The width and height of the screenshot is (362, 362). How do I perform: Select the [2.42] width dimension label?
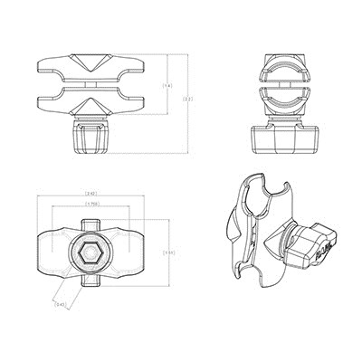pos(91,194)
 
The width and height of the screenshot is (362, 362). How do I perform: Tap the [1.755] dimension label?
pos(91,205)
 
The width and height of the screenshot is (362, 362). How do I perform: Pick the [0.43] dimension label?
pos(60,304)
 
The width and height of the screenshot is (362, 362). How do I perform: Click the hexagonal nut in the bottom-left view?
pos(91,254)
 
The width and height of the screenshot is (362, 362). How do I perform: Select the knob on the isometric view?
pos(312,243)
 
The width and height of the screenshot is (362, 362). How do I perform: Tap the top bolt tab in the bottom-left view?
pos(91,222)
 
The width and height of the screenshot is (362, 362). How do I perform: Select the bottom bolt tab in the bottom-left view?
pos(91,288)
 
